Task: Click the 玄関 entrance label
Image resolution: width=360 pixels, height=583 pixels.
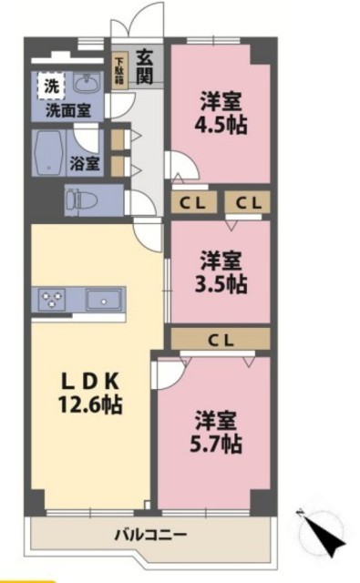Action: (x=145, y=66)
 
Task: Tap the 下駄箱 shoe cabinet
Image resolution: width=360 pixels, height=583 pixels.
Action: (x=120, y=70)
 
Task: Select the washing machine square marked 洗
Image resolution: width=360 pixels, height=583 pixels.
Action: (x=51, y=86)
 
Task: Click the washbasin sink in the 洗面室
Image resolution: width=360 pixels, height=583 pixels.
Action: (x=87, y=83)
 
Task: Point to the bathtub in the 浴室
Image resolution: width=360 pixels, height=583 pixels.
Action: (x=48, y=153)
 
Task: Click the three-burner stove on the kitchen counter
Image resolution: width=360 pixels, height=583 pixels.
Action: (x=52, y=299)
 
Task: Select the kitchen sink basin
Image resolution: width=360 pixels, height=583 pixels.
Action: (x=104, y=300)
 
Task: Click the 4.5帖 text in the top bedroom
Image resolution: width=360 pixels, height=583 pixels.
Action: (x=221, y=126)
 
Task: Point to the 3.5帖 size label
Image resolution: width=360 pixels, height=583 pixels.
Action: (x=221, y=284)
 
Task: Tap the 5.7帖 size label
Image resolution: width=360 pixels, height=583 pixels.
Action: (x=216, y=444)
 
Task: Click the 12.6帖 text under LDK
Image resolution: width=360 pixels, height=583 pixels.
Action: (x=90, y=404)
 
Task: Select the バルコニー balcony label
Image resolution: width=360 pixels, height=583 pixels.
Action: (x=150, y=535)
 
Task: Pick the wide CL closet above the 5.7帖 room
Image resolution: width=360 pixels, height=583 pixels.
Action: (x=221, y=339)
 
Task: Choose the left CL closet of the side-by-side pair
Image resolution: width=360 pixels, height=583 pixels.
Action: (x=193, y=202)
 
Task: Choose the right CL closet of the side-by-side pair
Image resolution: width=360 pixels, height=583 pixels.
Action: (x=248, y=202)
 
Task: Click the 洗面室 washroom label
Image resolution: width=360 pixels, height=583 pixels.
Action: (x=68, y=110)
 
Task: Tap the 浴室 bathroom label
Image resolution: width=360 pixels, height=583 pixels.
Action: (x=85, y=163)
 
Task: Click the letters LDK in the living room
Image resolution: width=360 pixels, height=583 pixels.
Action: (x=90, y=381)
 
